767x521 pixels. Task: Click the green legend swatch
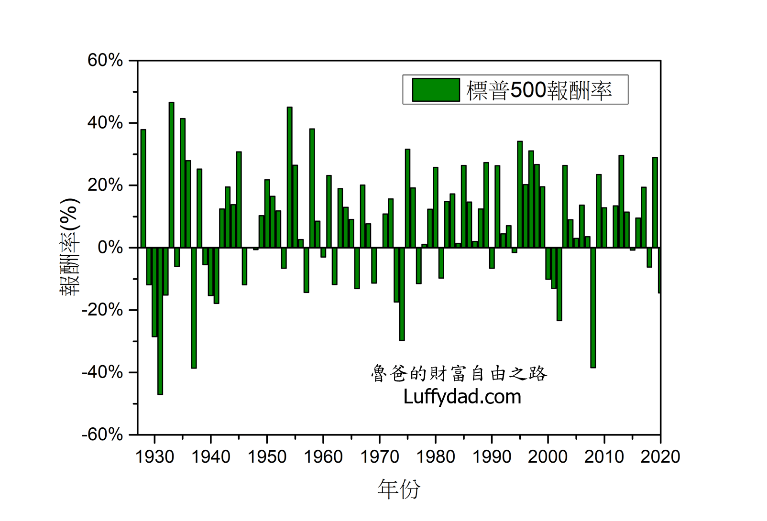[x=436, y=90]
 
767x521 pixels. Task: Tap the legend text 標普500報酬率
[x=539, y=90]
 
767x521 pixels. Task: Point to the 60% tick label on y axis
[x=105, y=61]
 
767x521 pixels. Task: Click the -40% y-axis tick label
[x=102, y=372]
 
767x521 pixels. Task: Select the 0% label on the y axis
[x=110, y=248]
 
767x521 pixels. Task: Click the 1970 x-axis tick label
[x=379, y=457]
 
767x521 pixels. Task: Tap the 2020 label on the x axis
[x=660, y=457]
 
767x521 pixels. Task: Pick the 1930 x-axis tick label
[x=154, y=457]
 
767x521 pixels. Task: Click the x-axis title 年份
[x=399, y=489]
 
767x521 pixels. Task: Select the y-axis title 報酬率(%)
[x=69, y=247]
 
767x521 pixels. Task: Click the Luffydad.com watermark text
[x=462, y=397]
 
